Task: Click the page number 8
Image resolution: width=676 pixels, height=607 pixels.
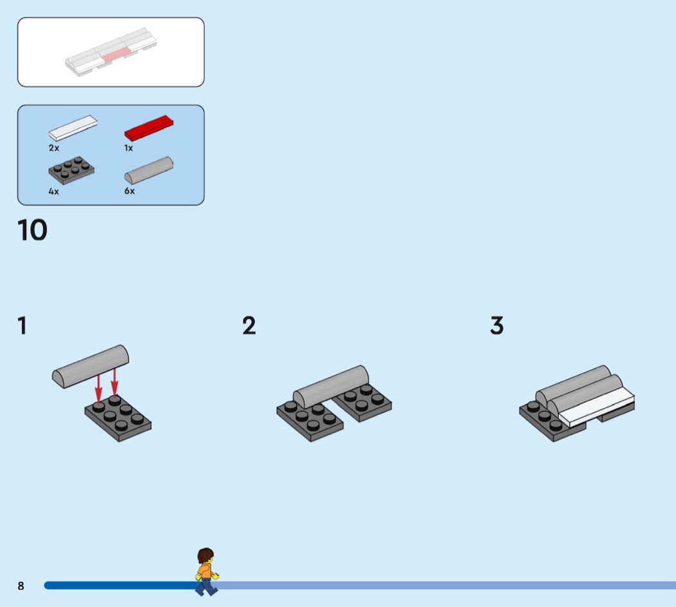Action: pos(21,586)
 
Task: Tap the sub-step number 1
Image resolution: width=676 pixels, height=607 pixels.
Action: pos(22,325)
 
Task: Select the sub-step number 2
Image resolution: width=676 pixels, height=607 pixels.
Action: pos(249,325)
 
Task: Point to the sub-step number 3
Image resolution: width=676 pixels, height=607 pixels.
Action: pos(497,325)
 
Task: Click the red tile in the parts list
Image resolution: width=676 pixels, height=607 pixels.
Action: pos(149,128)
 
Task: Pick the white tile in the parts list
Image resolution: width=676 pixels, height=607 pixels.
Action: pos(73,128)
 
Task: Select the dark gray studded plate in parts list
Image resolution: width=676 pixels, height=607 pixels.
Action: pos(71,170)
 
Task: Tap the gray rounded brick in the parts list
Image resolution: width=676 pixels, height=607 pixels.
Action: pos(149,170)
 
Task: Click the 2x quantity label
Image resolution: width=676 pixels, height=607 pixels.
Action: pos(54,148)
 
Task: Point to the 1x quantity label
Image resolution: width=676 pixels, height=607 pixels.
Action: pos(129,148)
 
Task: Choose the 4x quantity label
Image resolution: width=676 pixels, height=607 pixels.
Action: pos(54,191)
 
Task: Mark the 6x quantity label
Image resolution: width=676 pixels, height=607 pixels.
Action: pos(129,191)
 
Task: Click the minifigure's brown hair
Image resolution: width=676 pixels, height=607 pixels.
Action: pos(205,555)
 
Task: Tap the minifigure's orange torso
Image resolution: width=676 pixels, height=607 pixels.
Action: pos(205,571)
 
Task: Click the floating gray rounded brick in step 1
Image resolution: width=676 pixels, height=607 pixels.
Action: pos(91,366)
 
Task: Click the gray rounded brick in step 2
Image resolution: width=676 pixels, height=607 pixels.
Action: pos(331,387)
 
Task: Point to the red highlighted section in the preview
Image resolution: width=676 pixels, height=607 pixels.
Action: pos(115,54)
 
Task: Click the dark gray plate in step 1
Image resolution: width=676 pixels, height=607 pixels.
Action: pos(118,418)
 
